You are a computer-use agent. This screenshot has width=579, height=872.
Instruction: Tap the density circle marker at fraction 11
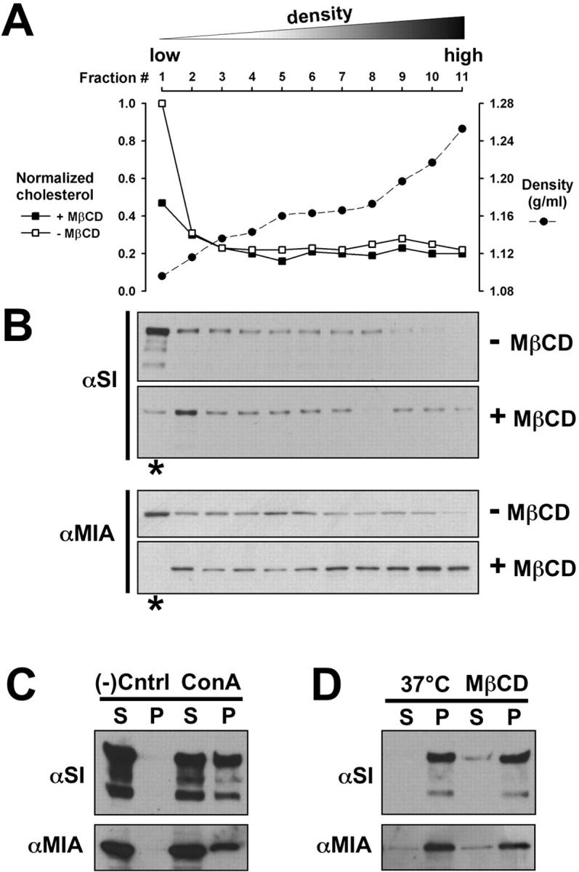tap(462, 129)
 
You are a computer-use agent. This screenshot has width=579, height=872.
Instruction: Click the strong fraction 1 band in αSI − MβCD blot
tap(158, 331)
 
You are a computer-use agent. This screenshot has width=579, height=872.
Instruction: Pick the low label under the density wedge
tap(165, 55)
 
